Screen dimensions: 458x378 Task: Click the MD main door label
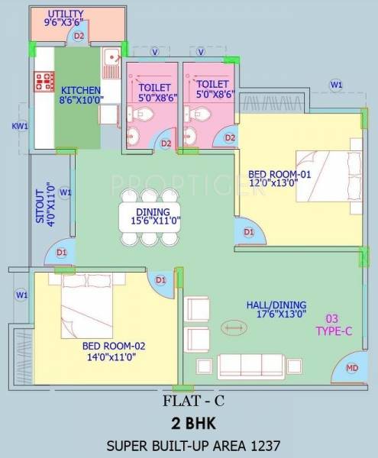click(x=352, y=369)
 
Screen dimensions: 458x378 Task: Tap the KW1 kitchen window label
click(x=19, y=126)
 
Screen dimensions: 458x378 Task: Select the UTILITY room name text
click(x=65, y=14)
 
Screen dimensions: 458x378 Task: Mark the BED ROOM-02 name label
click(x=113, y=345)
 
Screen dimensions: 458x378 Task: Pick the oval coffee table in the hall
click(x=234, y=329)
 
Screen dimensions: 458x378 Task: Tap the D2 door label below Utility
click(x=79, y=35)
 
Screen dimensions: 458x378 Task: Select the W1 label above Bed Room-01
click(x=336, y=84)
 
